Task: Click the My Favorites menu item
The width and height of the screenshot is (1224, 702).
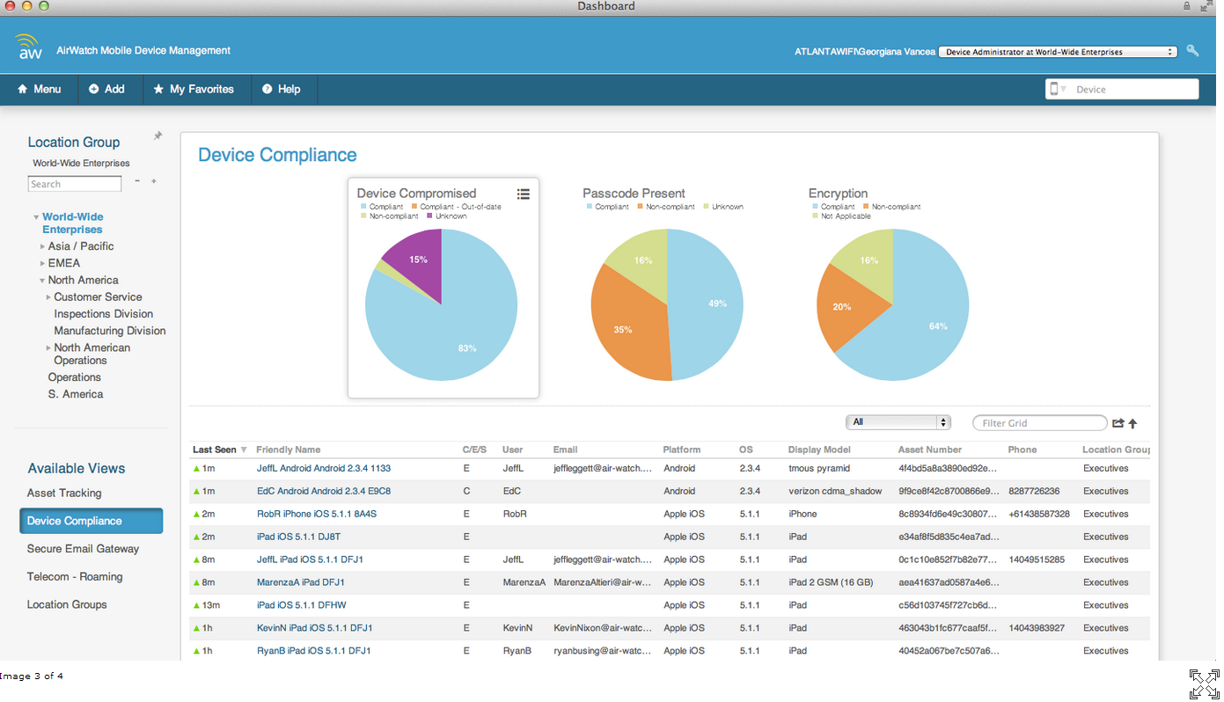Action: coord(194,89)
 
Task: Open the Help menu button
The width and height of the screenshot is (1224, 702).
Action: coord(281,89)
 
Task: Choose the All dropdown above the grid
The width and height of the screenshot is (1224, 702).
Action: coord(898,422)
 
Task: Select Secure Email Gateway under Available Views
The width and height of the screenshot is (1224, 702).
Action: coord(83,549)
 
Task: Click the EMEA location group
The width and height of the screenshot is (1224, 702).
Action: coord(63,263)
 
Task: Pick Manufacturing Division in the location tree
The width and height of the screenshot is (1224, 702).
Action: coord(109,331)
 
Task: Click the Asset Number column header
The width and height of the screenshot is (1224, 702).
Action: coord(929,450)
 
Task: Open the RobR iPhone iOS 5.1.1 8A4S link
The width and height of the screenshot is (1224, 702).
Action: coord(316,514)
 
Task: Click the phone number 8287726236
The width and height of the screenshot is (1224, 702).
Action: coord(1033,491)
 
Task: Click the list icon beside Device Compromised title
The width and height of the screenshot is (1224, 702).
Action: coord(523,194)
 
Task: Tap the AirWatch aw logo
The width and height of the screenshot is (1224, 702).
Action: coord(29,48)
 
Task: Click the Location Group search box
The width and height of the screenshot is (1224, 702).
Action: coord(75,184)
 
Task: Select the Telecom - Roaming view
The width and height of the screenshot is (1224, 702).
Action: coord(75,577)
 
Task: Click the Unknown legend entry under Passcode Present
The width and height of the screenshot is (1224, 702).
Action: coord(727,207)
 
